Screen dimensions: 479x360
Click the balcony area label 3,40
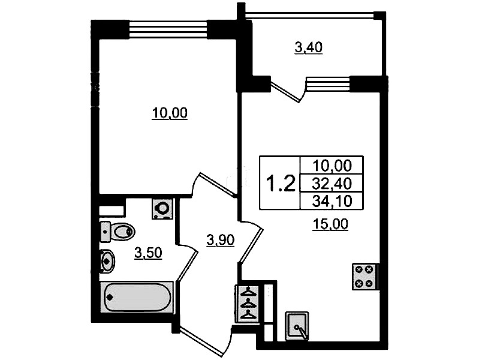[309, 48]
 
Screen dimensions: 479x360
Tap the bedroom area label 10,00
[170, 113]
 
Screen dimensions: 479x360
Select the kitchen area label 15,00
[330, 224]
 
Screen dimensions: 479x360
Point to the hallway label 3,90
[220, 240]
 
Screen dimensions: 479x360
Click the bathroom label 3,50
[148, 253]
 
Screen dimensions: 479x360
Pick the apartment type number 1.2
[281, 183]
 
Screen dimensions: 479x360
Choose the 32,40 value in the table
[332, 184]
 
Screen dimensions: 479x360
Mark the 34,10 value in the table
[332, 201]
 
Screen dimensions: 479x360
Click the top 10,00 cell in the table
[332, 166]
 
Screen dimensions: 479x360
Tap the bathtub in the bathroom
[137, 296]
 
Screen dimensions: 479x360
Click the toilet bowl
[118, 232]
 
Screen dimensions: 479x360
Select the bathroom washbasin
[107, 261]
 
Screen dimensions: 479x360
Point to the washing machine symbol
[162, 209]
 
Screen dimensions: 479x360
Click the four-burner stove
[365, 277]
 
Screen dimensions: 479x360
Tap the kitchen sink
[297, 326]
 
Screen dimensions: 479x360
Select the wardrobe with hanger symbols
[248, 303]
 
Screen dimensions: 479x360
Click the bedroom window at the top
[168, 29]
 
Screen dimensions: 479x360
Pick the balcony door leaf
[285, 91]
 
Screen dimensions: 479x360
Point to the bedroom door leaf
[218, 184]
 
